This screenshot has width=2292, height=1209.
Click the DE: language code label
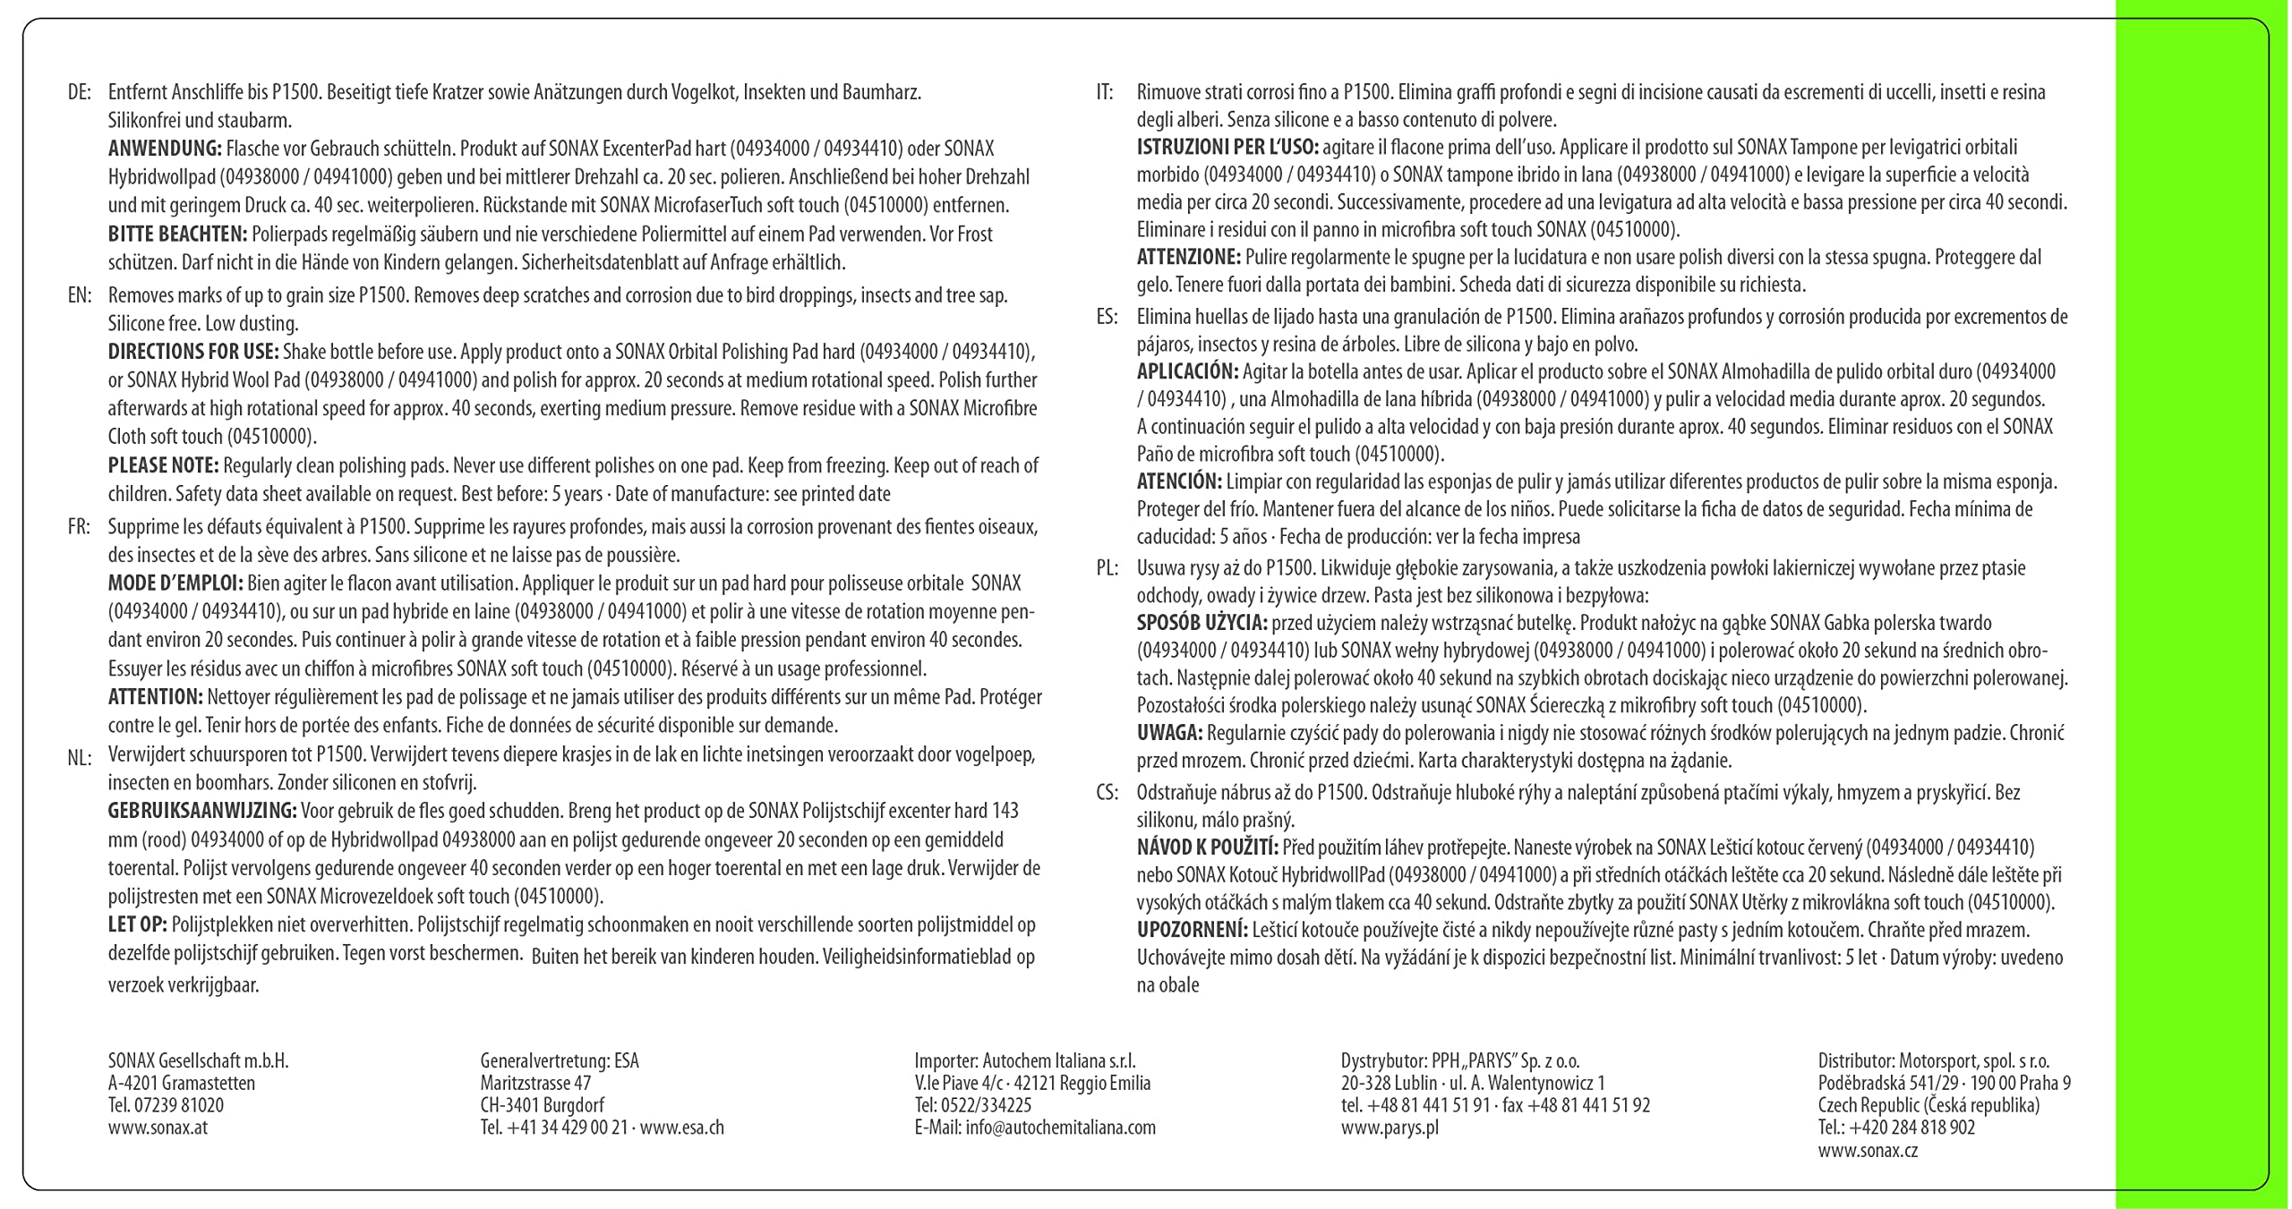[80, 92]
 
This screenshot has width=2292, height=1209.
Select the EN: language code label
[80, 295]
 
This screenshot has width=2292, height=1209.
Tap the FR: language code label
[79, 527]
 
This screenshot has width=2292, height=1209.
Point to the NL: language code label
[80, 759]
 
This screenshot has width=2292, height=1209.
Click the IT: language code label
[1105, 92]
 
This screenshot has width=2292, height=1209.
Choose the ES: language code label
[1107, 316]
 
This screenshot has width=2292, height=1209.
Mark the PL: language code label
[1108, 568]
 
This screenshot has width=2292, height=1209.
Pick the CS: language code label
[1108, 793]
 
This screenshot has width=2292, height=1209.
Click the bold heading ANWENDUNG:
[165, 149]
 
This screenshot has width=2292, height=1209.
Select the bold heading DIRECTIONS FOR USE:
[193, 352]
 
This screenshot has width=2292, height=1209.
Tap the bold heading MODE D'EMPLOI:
[175, 583]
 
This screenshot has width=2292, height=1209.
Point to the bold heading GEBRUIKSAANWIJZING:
[202, 812]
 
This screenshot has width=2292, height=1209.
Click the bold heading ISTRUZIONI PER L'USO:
[1227, 148]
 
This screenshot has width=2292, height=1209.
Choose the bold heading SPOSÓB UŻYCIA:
[1202, 623]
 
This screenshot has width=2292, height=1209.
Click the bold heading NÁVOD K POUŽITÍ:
[1208, 847]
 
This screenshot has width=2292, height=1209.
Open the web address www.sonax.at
[158, 1128]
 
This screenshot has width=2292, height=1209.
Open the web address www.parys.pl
[1390, 1128]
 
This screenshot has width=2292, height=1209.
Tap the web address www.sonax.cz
[1868, 1151]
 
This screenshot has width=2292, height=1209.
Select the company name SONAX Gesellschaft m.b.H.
[198, 1061]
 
